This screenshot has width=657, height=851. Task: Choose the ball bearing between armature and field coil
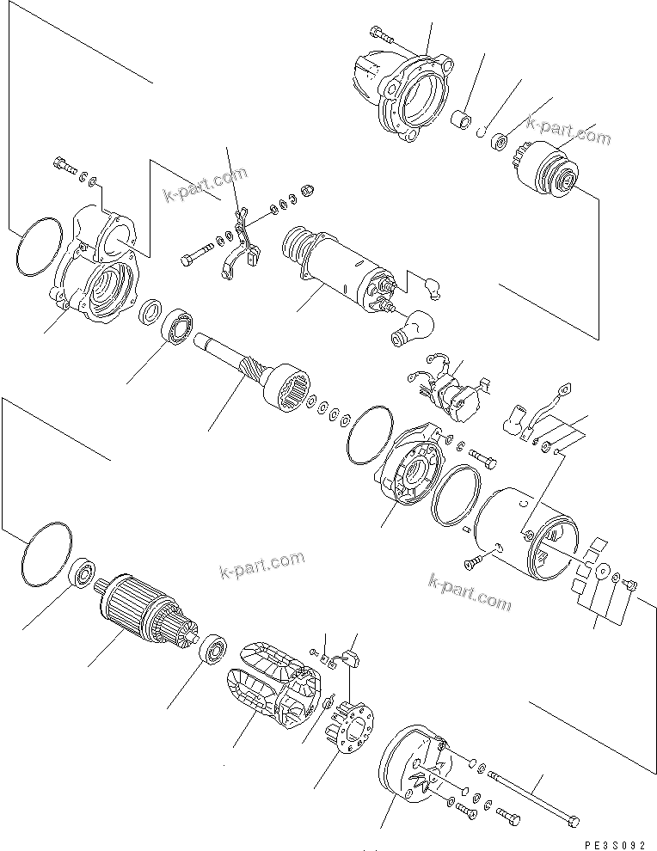212,648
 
